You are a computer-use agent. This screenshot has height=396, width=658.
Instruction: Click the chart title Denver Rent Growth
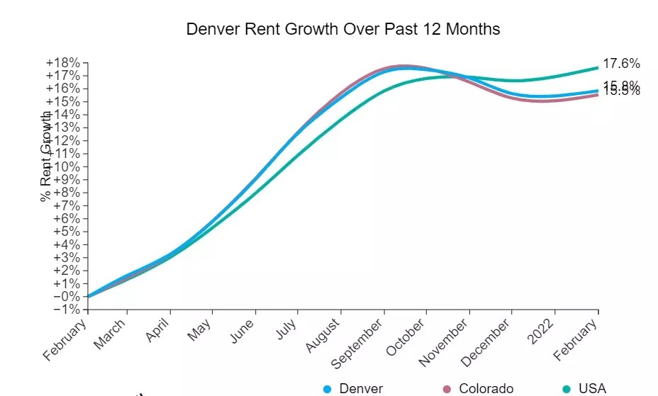342,29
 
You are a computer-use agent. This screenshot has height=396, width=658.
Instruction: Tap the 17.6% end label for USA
621,64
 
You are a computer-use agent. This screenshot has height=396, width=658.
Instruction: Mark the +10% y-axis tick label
63,166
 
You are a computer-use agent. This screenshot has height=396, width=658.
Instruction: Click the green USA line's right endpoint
598,67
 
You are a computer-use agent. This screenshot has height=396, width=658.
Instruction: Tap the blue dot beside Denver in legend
328,388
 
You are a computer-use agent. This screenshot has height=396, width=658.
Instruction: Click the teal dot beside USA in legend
567,388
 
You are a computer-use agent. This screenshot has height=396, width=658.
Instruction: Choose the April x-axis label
159,331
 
